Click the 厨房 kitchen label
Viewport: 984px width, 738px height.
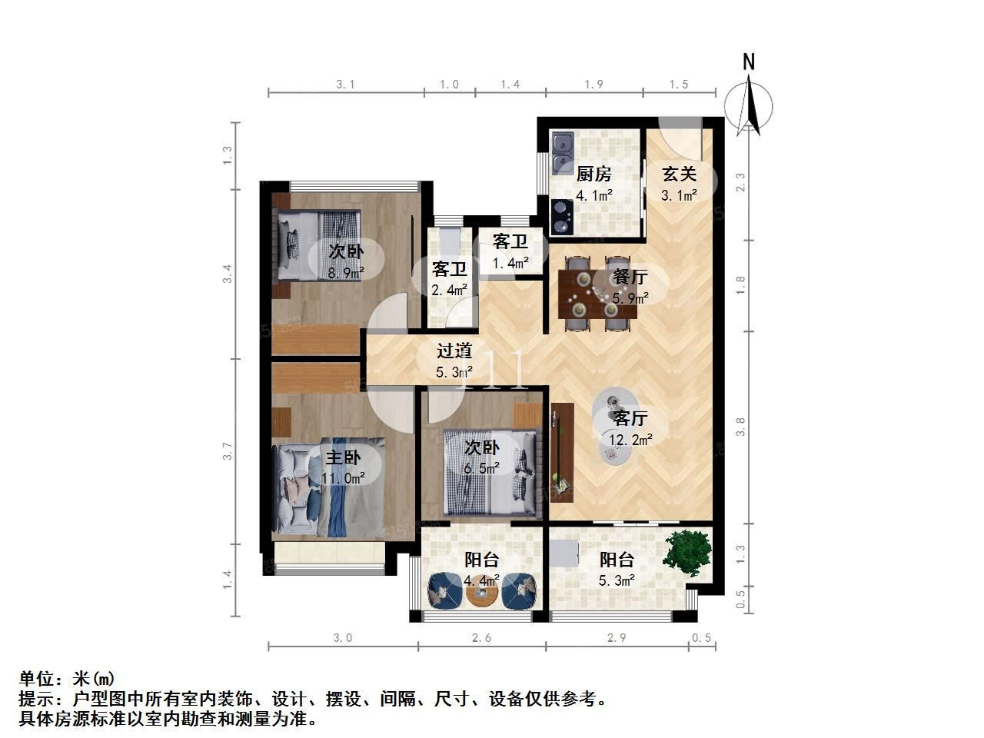click(593, 174)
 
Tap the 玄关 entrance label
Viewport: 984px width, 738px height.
click(679, 174)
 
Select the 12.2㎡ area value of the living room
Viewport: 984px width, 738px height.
click(630, 440)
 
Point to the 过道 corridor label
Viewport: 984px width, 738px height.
click(454, 351)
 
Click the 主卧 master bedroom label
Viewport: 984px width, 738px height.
click(343, 457)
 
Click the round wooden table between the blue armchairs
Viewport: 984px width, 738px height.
click(482, 593)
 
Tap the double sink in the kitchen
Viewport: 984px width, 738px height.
click(563, 153)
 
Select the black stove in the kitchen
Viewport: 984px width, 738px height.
click(562, 217)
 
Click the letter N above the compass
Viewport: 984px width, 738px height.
click(748, 61)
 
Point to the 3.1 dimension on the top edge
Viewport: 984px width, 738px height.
click(346, 85)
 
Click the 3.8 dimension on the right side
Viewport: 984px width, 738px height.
click(740, 427)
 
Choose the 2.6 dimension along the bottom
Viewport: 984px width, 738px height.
click(481, 637)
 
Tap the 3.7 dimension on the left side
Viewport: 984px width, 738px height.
click(228, 450)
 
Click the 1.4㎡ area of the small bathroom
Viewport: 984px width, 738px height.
click(510, 263)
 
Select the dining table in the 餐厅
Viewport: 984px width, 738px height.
click(597, 294)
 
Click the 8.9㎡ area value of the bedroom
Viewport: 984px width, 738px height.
click(346, 272)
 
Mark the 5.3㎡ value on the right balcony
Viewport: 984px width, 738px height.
click(617, 580)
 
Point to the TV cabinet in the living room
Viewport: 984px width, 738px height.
click(562, 453)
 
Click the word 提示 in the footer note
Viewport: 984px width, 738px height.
click(37, 699)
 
